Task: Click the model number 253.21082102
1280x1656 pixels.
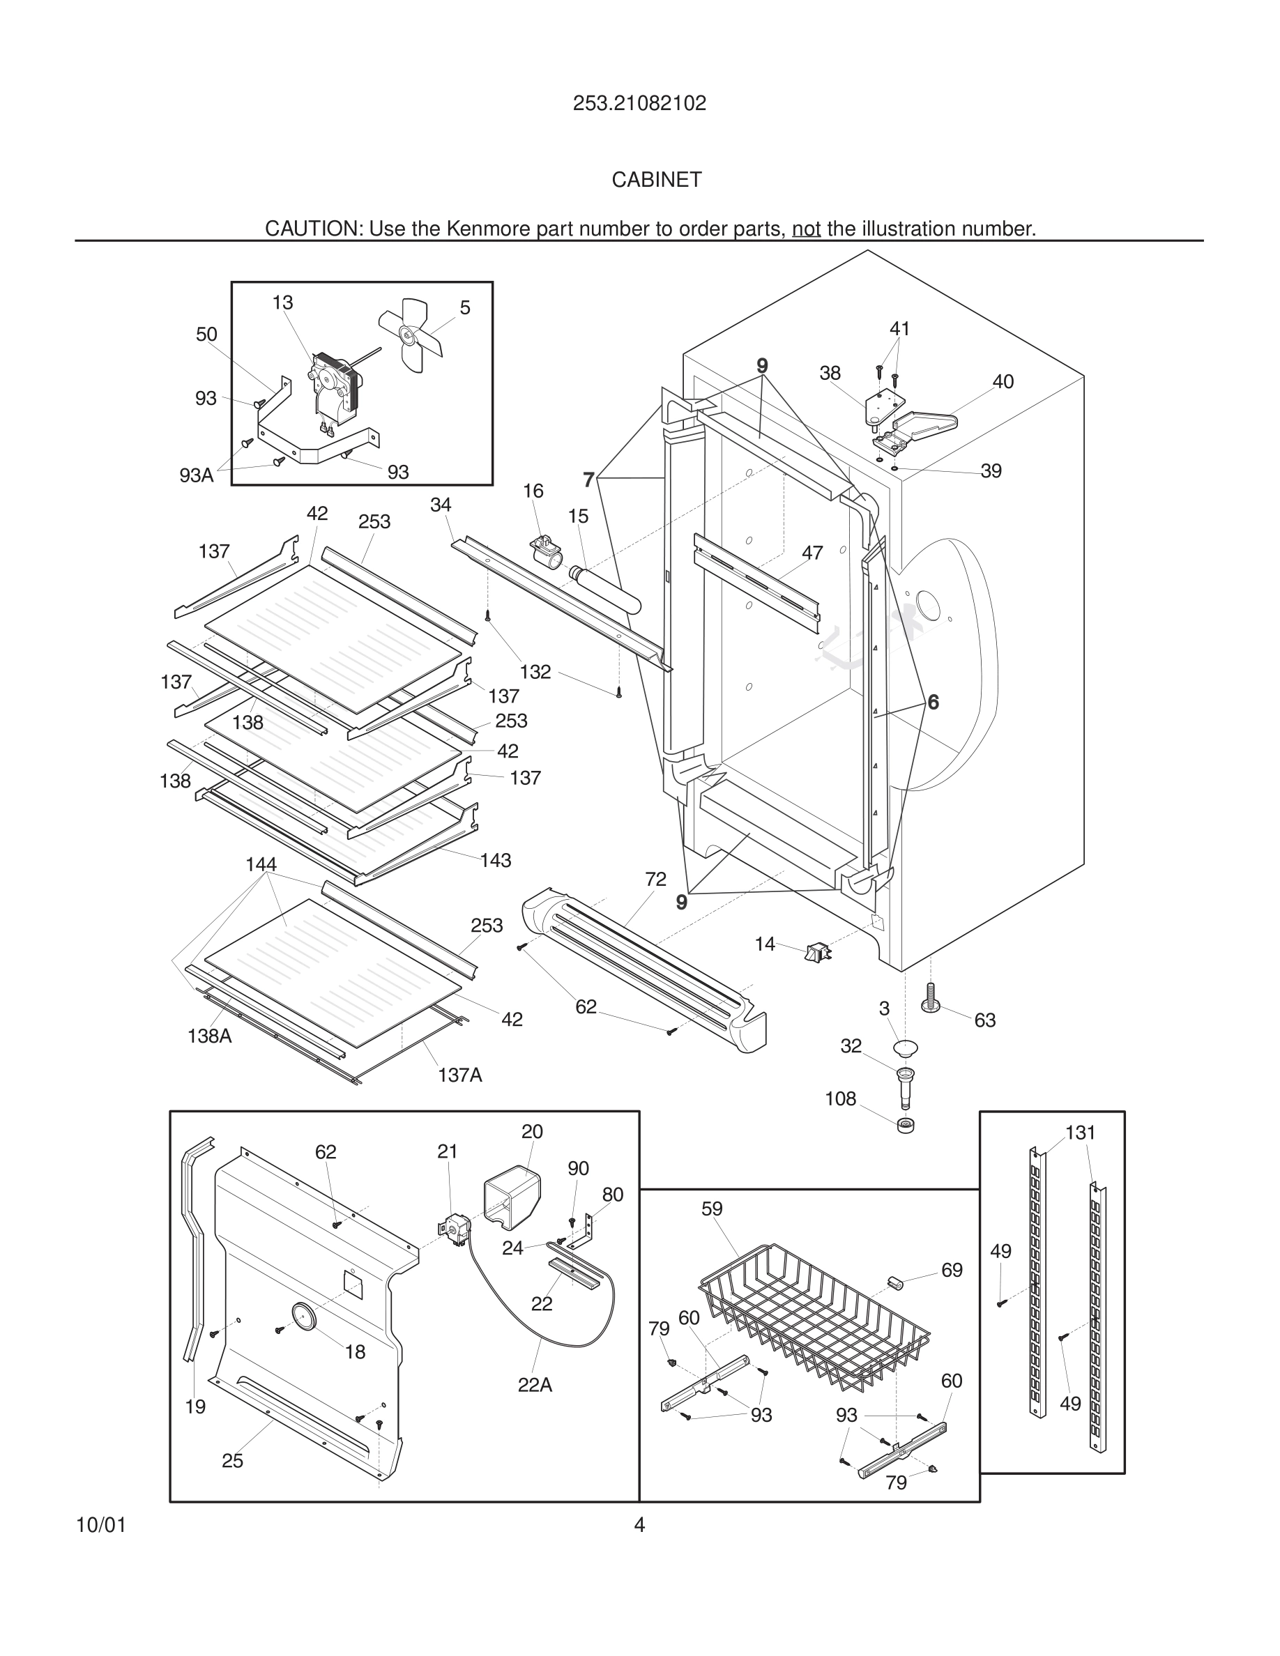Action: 639,103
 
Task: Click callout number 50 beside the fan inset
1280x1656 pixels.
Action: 206,335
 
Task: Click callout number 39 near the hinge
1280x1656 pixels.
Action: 991,471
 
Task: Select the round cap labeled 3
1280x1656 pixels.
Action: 906,1049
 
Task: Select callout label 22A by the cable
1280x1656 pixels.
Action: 535,1386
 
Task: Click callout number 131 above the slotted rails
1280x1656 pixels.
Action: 1080,1133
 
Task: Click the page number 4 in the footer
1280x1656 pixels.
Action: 639,1524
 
